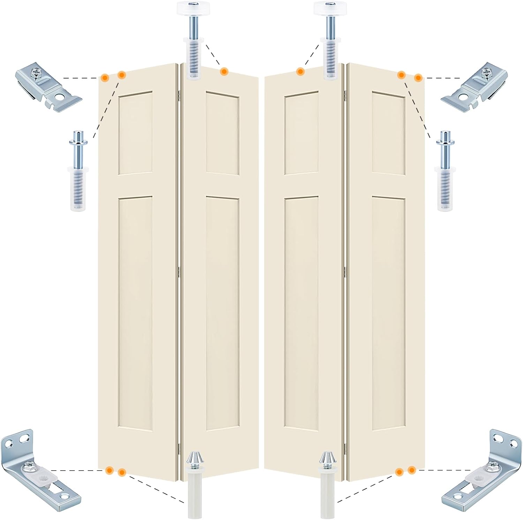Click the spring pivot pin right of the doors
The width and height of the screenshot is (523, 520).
pyautogui.click(x=445, y=171)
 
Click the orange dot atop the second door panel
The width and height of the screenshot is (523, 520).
pyautogui.click(x=224, y=71)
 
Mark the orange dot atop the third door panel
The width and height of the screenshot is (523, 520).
pyautogui.click(x=300, y=71)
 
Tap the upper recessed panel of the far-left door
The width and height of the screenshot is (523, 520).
pyautogui.click(x=136, y=133)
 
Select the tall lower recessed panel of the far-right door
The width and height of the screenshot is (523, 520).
pyautogui.click(x=388, y=313)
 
